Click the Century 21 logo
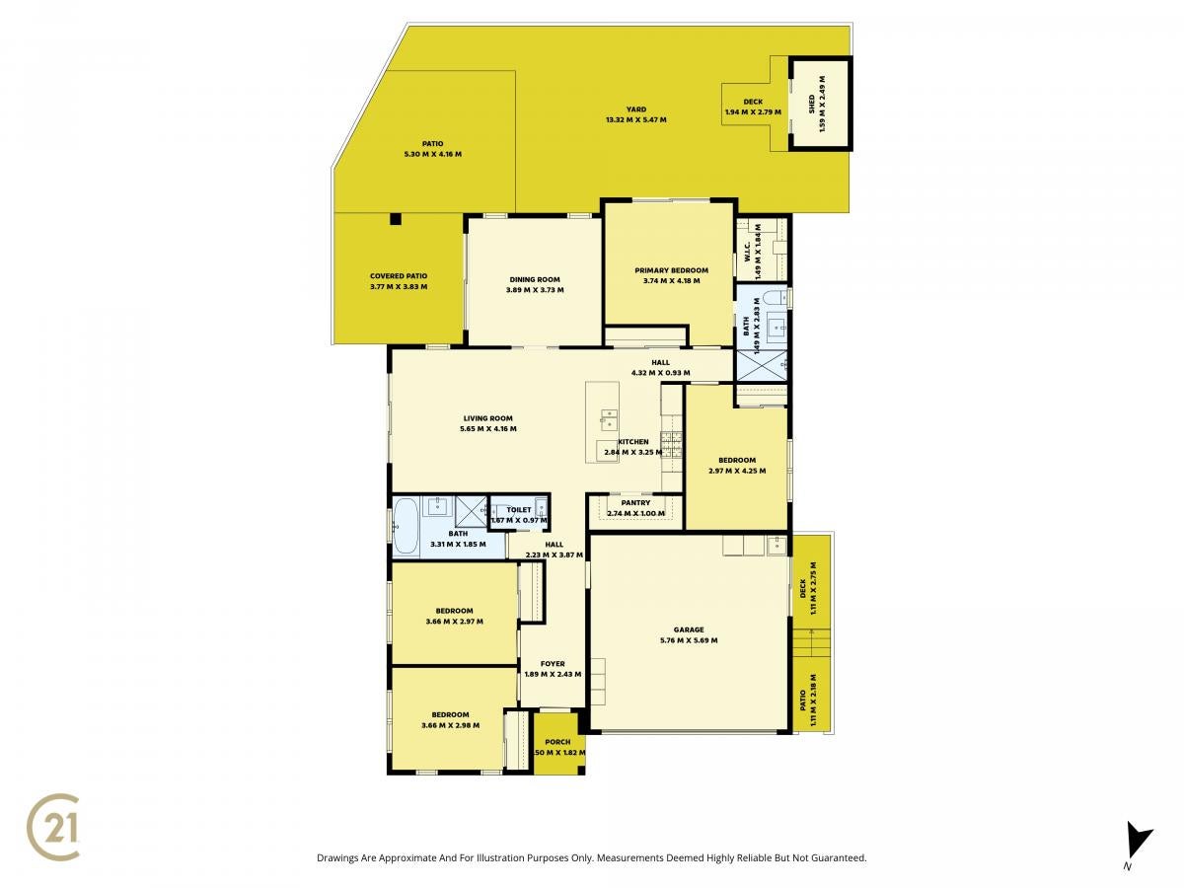(x=53, y=826)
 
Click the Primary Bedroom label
(x=671, y=270)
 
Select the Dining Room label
(x=535, y=279)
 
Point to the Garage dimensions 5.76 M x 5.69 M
(x=689, y=640)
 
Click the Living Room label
(x=487, y=417)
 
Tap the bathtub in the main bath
(x=406, y=527)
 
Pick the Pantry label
(x=635, y=502)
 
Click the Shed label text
(x=811, y=105)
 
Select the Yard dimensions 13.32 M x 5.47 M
(x=636, y=119)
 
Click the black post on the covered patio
(x=396, y=219)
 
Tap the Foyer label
(x=553, y=664)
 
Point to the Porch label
(x=557, y=741)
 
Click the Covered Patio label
(x=398, y=275)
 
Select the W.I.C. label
(x=748, y=252)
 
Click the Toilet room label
(x=518, y=509)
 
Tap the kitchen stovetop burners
(x=672, y=445)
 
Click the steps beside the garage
(x=811, y=642)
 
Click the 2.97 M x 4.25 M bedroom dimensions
(x=737, y=471)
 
